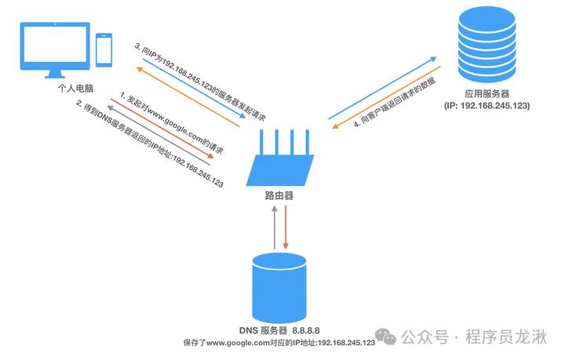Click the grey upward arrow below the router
pos(273,227)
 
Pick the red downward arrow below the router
pos(287,227)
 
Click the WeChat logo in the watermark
pos(386,336)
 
